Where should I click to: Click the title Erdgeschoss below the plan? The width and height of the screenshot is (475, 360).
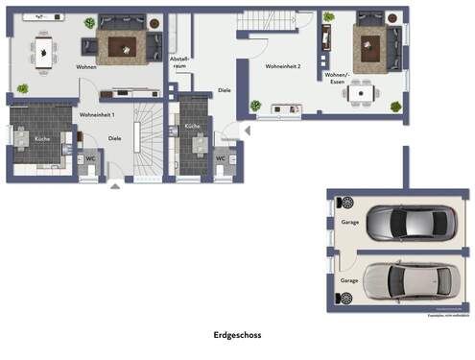click(x=237, y=336)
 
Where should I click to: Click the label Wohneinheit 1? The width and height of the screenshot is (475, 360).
click(x=98, y=115)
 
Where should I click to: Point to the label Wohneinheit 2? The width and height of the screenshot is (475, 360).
click(x=284, y=66)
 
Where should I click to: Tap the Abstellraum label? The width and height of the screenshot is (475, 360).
click(x=179, y=62)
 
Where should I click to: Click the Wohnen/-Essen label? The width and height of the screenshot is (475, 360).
click(x=337, y=77)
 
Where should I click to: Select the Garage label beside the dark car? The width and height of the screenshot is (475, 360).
click(x=348, y=223)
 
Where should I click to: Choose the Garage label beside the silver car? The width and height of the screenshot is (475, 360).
click(x=348, y=280)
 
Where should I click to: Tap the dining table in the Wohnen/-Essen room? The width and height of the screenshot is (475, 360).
click(x=362, y=93)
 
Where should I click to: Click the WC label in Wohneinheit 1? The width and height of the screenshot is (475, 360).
click(x=89, y=157)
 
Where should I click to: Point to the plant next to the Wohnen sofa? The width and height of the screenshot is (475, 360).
click(x=89, y=22)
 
